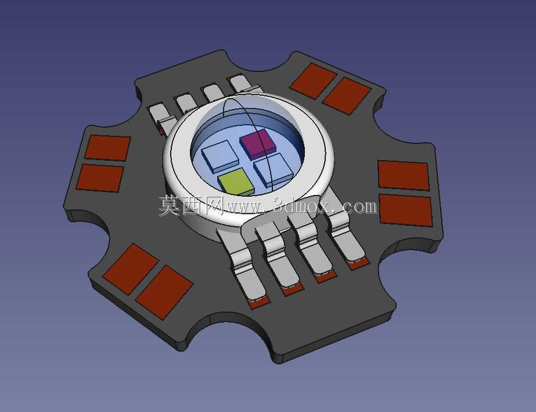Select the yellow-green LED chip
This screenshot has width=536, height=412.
point(236,182)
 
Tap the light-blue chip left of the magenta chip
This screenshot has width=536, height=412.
point(220,156)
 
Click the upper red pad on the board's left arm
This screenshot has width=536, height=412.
point(107,148)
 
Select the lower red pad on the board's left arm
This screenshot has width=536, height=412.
point(100,178)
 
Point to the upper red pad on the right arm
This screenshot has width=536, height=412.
point(404,175)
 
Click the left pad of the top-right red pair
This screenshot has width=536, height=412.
point(313,81)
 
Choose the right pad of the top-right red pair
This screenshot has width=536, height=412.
point(347,96)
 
